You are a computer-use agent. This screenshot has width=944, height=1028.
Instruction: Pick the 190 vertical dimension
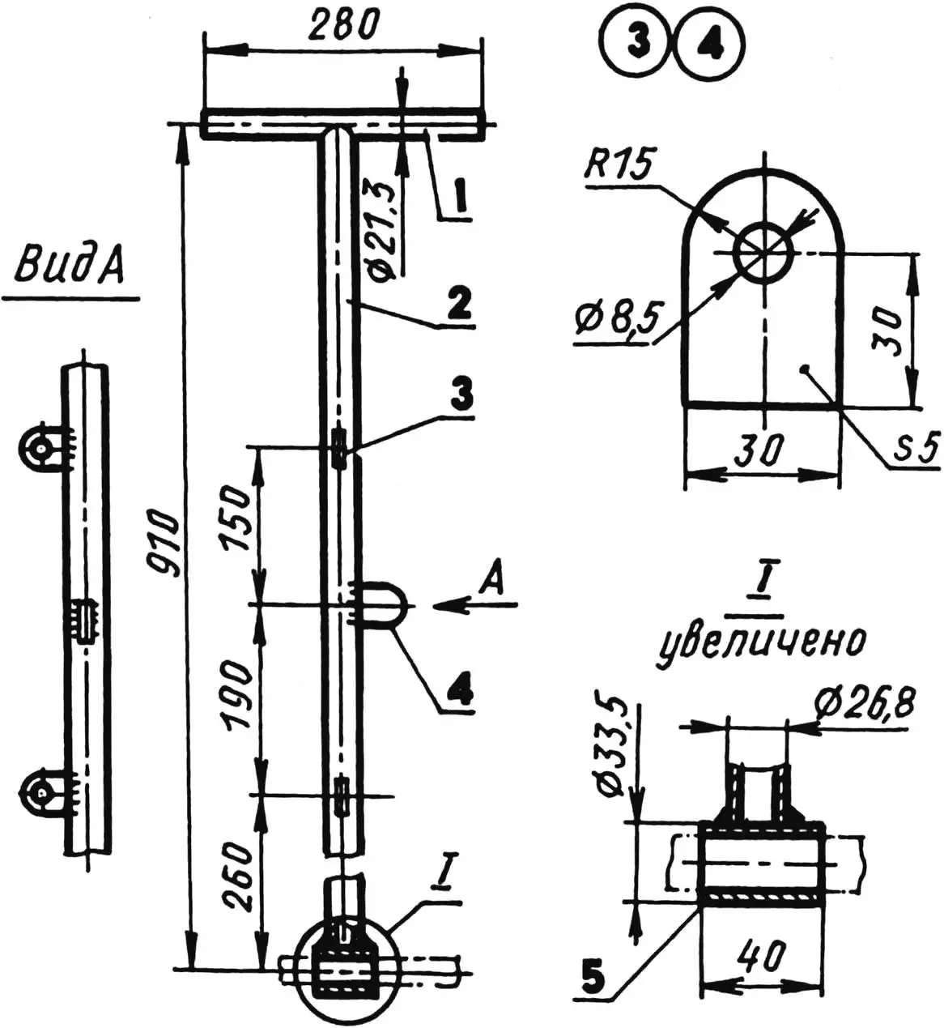236,696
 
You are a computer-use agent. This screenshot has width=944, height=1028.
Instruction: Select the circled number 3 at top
638,46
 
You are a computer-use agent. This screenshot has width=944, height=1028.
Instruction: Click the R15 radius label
618,167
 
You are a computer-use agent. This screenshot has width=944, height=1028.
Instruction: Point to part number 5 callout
593,978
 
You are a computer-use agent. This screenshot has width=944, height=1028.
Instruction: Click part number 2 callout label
457,305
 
